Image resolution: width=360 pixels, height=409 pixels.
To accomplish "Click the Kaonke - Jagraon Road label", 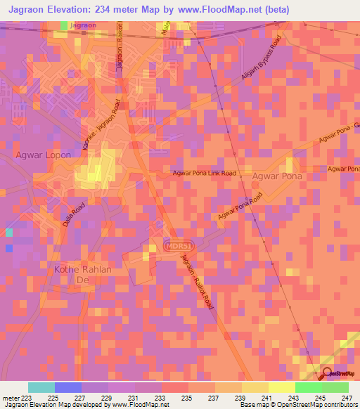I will [101, 120].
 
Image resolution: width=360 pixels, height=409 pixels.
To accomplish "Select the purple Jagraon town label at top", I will [84, 25].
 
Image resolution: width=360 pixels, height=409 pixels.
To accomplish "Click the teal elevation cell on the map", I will [8, 233].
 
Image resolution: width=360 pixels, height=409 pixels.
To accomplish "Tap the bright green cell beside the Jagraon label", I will [64, 25].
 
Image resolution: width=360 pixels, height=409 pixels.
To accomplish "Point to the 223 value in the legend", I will [28, 397].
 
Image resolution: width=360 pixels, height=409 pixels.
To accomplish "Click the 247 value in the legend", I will [348, 397].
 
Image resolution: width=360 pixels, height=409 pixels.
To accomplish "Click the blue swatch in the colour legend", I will [68, 387].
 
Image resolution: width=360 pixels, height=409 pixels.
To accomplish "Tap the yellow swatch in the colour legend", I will [282, 387].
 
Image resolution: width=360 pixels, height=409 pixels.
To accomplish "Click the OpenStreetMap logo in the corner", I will [337, 373].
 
